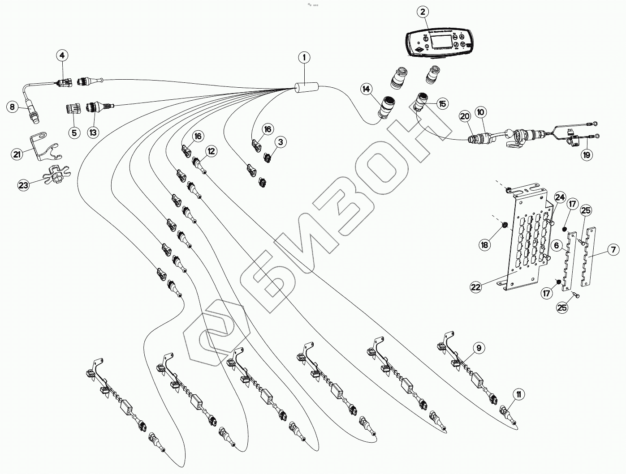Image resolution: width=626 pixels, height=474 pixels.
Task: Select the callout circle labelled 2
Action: point(423,12)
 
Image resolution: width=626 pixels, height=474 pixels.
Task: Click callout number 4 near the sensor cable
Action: point(62,56)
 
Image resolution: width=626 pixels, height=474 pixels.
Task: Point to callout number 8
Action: point(13,107)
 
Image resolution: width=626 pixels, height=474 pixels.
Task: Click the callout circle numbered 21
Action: point(17,154)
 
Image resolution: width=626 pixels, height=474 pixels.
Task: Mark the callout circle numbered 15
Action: point(443,104)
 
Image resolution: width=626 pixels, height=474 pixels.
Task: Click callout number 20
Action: point(464,116)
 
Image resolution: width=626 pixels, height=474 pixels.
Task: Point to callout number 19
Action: point(586,155)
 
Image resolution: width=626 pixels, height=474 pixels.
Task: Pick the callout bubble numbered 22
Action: point(476,286)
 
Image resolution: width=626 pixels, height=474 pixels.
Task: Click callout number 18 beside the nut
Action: point(485,244)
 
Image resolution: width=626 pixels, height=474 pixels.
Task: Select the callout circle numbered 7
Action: point(613,250)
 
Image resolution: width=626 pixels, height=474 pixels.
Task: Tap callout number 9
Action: point(479,347)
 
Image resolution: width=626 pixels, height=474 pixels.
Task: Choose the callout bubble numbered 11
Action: point(518,394)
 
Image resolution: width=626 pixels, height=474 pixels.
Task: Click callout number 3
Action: point(281,142)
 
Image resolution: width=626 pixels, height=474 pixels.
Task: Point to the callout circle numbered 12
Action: point(211,151)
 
